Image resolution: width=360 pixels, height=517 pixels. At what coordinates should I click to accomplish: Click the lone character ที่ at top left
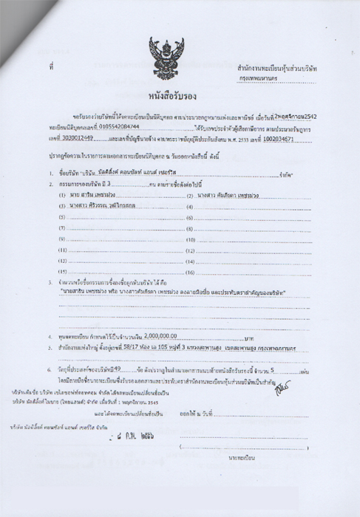(x=52, y=67)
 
